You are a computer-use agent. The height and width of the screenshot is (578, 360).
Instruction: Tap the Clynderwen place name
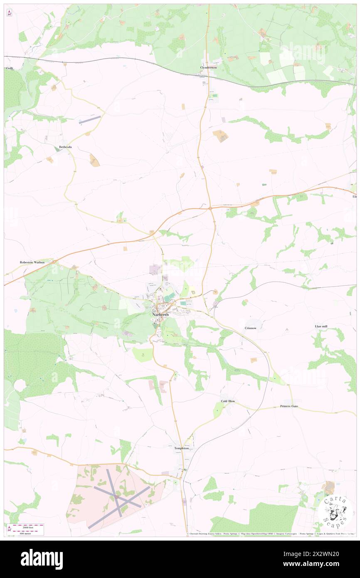tap(208, 67)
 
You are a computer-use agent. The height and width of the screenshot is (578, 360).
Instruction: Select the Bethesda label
tap(65, 147)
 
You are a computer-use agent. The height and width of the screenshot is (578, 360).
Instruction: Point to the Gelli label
tap(9, 68)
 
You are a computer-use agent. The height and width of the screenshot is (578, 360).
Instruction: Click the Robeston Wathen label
tap(32, 262)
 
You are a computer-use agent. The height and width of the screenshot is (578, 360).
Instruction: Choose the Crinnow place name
tap(250, 328)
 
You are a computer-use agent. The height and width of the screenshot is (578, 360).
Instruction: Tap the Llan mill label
tap(321, 327)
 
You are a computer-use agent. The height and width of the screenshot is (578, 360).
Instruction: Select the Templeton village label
tap(181, 448)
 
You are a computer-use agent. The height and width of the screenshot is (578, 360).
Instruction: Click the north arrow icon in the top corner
tap(10, 13)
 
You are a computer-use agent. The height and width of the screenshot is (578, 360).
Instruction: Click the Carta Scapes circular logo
tap(335, 512)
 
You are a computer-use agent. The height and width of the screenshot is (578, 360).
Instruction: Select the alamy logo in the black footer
tap(42, 559)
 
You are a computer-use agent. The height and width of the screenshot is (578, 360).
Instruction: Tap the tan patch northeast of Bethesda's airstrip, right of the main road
tap(220, 136)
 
